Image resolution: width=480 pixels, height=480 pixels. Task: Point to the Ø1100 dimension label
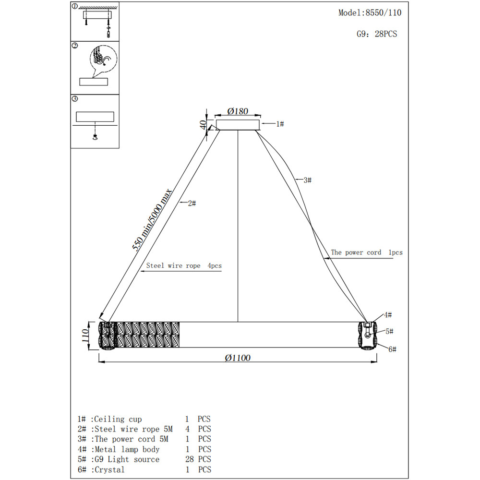pyautogui.click(x=238, y=358)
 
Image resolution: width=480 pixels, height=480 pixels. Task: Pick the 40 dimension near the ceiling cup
pyautogui.click(x=204, y=125)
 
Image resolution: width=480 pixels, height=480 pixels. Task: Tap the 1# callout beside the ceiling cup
pyautogui.click(x=280, y=124)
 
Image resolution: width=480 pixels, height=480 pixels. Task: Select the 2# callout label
pyautogui.click(x=192, y=204)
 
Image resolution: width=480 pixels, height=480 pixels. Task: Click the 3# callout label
pyautogui.click(x=307, y=180)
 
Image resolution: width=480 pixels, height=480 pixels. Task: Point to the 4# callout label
pyautogui.click(x=387, y=315)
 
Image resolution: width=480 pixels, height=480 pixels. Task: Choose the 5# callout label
pyautogui.click(x=389, y=332)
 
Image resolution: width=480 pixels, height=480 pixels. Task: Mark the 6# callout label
pyautogui.click(x=392, y=349)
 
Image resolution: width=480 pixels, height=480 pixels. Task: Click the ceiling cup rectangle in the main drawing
pyautogui.click(x=238, y=125)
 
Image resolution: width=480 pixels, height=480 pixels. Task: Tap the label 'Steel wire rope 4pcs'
pyautogui.click(x=184, y=265)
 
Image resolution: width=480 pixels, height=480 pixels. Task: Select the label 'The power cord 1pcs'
pyautogui.click(x=367, y=252)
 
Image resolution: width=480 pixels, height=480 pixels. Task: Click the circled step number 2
pyautogui.click(x=75, y=46)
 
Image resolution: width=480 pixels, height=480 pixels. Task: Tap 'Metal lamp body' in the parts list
pyautogui.click(x=127, y=449)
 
